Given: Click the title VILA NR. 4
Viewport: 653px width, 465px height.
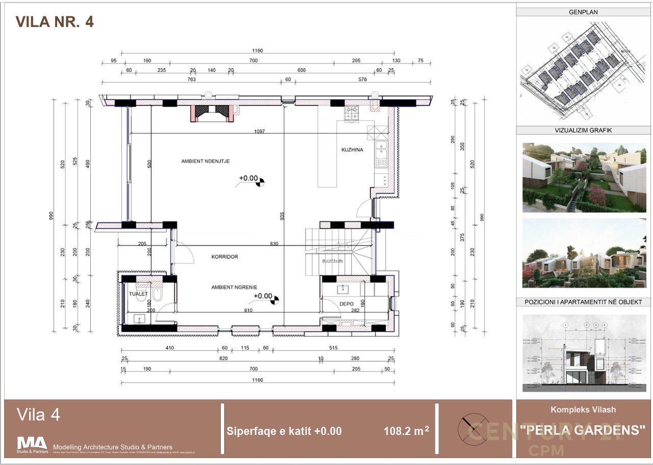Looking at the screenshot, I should click(x=55, y=21).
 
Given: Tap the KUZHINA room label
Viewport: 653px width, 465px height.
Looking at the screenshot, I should click(x=352, y=150).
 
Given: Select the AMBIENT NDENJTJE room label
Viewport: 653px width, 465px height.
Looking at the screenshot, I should click(x=206, y=161).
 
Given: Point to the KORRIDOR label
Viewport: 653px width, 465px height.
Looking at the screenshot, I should click(x=224, y=257).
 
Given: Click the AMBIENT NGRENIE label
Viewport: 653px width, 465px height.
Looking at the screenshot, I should click(x=234, y=287).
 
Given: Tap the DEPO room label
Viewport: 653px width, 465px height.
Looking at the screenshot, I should click(x=346, y=304).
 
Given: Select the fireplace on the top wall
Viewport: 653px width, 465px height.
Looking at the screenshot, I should click(x=212, y=113).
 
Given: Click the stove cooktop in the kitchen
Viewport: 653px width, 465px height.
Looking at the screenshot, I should click(x=351, y=114).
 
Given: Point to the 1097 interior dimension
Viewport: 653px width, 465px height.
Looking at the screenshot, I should click(x=260, y=132).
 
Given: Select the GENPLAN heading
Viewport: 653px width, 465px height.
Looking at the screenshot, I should click(x=583, y=12).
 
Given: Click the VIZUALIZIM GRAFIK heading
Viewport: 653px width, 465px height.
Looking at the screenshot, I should click(x=583, y=130).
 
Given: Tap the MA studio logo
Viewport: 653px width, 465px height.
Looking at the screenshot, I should click(x=32, y=443).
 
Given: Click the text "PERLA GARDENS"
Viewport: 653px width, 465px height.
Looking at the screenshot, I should click(x=583, y=430).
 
